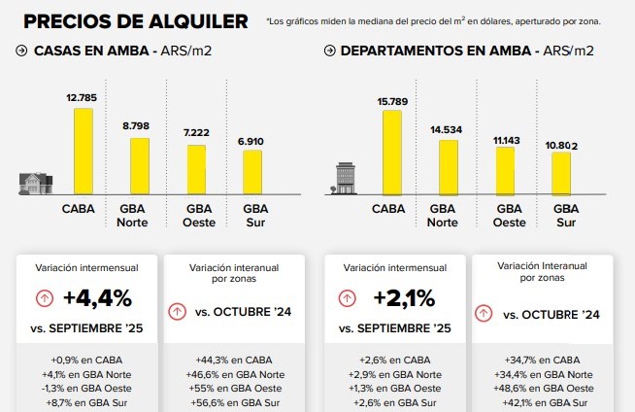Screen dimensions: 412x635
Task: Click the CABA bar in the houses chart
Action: [x=84, y=151]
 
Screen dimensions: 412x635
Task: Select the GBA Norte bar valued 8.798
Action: [x=140, y=166]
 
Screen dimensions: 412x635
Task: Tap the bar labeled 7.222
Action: [x=197, y=169]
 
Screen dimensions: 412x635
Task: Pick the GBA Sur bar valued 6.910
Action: [x=252, y=172]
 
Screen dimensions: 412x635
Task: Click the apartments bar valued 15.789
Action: [x=392, y=152]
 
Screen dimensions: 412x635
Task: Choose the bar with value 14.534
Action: [x=449, y=167]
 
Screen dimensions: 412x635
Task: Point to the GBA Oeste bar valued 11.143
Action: [x=505, y=170]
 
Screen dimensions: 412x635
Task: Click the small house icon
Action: [x=34, y=183]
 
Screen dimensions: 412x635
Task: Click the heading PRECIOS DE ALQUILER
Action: [x=134, y=20]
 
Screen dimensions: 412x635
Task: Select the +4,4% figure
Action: [x=97, y=297]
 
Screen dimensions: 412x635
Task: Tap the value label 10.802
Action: [x=560, y=146]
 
